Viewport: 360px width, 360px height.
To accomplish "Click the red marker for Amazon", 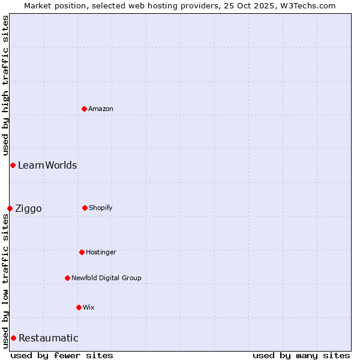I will (x=84, y=109).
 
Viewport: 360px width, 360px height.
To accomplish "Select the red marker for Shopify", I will (x=85, y=208).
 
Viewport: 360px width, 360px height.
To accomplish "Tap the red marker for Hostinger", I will (x=82, y=252).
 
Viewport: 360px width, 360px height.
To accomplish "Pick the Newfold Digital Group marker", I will (x=67, y=278).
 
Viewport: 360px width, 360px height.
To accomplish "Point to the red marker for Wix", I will (x=79, y=307).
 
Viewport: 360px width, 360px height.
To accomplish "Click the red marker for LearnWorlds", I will (x=13, y=165).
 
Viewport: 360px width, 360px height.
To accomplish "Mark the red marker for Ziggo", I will (x=10, y=208).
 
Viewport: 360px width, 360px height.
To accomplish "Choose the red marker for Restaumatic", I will (x=13, y=338).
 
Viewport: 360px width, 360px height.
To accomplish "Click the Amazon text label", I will (x=101, y=109).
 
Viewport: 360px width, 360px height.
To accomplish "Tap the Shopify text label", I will (x=101, y=208).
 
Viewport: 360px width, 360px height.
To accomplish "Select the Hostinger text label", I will (x=101, y=252).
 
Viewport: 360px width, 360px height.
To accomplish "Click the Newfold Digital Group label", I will (x=106, y=278).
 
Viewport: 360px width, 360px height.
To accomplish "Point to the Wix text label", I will (x=89, y=307).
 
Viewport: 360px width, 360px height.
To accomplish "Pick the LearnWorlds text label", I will (x=47, y=165).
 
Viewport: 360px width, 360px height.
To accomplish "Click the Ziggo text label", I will (x=28, y=208).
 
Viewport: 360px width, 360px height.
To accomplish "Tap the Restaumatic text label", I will (x=49, y=338).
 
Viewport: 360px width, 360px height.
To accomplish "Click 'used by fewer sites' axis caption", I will (x=62, y=355).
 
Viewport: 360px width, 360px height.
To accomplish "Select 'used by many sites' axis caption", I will (x=301, y=355).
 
